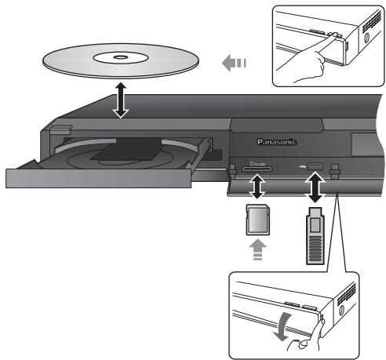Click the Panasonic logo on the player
276,143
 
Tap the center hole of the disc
121,57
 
